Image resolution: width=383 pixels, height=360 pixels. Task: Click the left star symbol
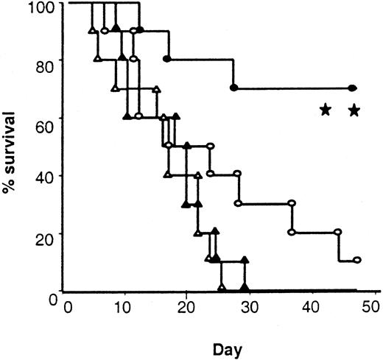tap(325, 110)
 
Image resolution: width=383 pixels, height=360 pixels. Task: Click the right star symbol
tap(354, 110)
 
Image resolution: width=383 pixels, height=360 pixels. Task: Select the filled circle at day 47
tap(352, 88)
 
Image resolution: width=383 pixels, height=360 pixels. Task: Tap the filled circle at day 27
tap(233, 88)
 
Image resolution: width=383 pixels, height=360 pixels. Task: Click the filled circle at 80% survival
tap(166, 57)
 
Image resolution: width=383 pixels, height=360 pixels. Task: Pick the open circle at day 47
tap(356, 260)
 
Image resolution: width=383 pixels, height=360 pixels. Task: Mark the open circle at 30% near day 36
tap(291, 202)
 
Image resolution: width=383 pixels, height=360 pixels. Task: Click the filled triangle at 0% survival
tap(245, 288)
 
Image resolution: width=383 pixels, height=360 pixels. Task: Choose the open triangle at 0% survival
tap(221, 288)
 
